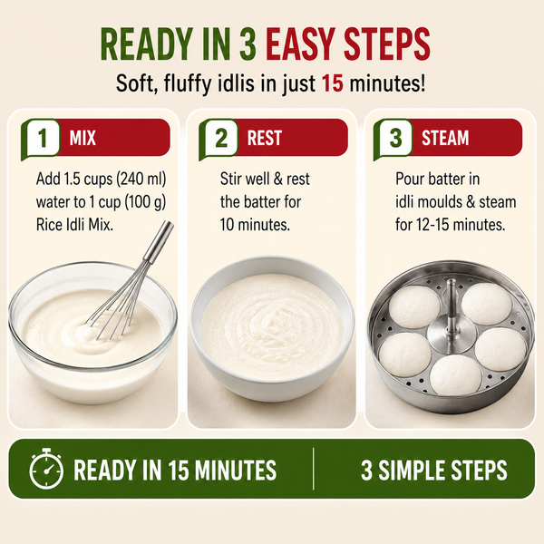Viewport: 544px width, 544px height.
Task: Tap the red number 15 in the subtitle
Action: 333,83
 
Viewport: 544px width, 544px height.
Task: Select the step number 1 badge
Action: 43,138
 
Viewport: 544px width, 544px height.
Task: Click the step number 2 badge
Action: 221,138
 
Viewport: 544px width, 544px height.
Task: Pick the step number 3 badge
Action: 395,138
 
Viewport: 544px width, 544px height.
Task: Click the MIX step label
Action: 83,138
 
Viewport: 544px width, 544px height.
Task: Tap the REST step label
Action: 265,138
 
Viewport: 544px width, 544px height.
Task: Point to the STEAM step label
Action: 445,138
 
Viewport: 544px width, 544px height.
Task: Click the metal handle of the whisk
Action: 160,240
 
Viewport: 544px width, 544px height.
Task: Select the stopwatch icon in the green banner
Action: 46,469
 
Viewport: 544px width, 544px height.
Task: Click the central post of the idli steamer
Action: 451,306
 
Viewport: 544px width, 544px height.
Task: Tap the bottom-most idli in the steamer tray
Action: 455,374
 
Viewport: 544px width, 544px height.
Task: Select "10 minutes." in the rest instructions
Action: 255,225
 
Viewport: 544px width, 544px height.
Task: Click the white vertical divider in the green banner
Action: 314,469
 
